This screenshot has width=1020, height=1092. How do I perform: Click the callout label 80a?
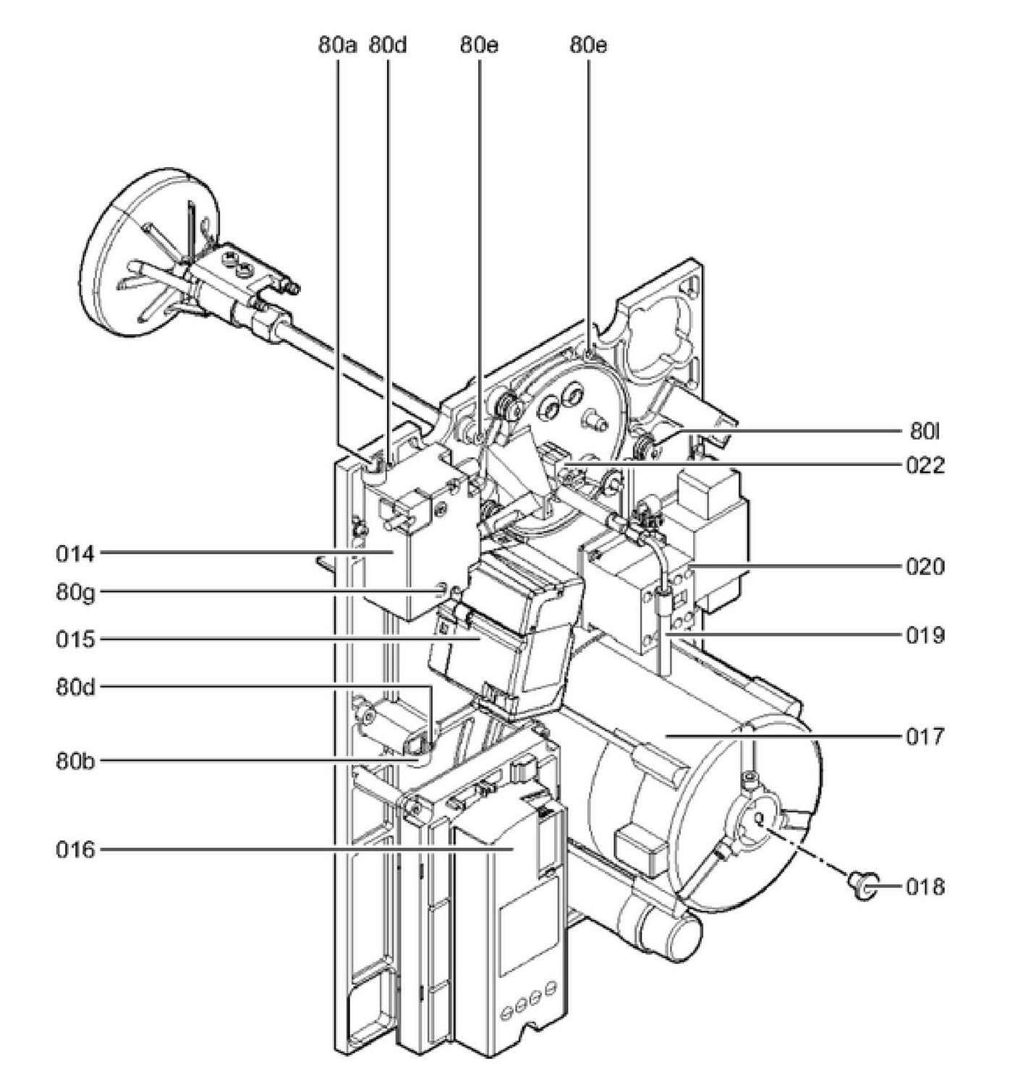(x=337, y=46)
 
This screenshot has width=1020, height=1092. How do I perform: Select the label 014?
(x=75, y=555)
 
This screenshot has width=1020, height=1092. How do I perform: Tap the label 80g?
(x=75, y=593)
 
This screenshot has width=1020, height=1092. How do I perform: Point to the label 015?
(x=75, y=640)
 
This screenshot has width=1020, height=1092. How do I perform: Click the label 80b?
(x=75, y=761)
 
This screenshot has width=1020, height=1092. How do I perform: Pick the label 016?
(x=75, y=850)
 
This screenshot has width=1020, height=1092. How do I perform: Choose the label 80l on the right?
(x=925, y=432)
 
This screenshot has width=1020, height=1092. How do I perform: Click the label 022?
(x=925, y=466)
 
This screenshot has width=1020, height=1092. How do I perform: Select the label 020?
(x=925, y=567)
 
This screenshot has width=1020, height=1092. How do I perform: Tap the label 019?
(x=925, y=636)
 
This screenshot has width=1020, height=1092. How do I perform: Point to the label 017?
(x=925, y=737)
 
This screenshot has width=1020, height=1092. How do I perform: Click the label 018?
(x=925, y=887)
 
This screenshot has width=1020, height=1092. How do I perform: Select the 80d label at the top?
(x=388, y=46)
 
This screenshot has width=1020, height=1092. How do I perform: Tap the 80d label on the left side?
(x=75, y=687)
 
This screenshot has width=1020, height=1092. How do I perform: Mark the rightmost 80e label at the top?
(x=588, y=46)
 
